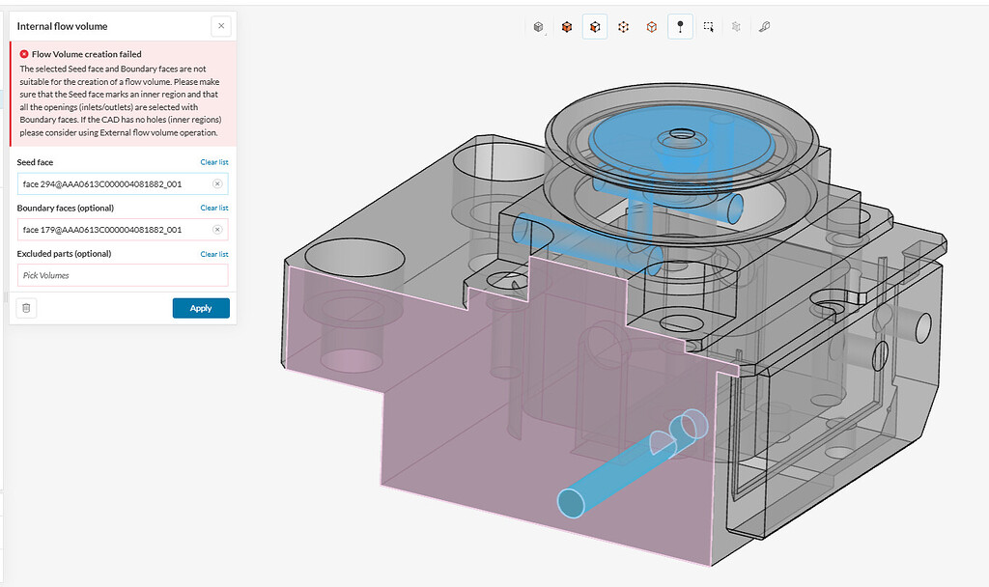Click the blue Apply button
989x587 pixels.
(x=201, y=308)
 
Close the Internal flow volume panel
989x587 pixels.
(x=221, y=26)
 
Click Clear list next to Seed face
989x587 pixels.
(x=214, y=162)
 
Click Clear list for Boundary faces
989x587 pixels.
(x=214, y=208)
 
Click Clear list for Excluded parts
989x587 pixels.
(x=214, y=254)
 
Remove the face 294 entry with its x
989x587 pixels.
(x=217, y=183)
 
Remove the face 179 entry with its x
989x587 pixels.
(x=217, y=230)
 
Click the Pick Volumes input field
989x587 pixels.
(x=122, y=275)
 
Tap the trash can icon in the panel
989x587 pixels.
(x=27, y=308)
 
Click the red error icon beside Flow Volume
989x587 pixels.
(x=24, y=54)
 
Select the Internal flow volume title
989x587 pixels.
(x=63, y=26)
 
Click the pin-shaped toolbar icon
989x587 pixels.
(x=680, y=27)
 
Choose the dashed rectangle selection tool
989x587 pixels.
(x=708, y=27)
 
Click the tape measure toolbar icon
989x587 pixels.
(x=764, y=27)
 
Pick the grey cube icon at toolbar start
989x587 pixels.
(x=539, y=27)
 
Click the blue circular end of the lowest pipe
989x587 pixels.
(x=572, y=502)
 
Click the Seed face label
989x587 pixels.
(x=35, y=162)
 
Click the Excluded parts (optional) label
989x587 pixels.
(x=64, y=254)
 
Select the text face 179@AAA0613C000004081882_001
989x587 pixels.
(x=102, y=230)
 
